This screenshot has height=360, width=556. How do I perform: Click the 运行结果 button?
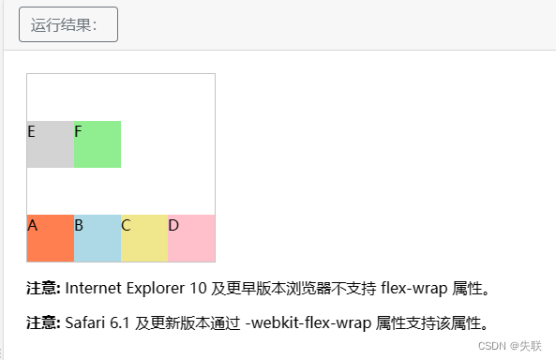(68, 24)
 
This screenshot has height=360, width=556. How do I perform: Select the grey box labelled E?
(51, 144)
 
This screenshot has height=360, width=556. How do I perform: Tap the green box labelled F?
(98, 144)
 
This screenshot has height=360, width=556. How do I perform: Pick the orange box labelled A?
(51, 239)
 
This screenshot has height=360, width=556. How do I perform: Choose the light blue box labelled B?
(98, 239)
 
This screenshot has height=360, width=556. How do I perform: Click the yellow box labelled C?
(144, 239)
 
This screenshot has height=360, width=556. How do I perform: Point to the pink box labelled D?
(191, 239)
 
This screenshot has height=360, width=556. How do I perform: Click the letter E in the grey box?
(32, 131)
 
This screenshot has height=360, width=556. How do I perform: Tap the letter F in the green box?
(79, 131)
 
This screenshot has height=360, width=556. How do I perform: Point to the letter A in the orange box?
(33, 225)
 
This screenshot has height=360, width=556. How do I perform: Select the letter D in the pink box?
(173, 225)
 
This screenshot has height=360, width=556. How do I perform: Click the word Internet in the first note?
(94, 287)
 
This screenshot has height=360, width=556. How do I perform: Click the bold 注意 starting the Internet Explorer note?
(43, 287)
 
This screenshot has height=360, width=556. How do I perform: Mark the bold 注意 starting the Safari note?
(43, 323)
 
